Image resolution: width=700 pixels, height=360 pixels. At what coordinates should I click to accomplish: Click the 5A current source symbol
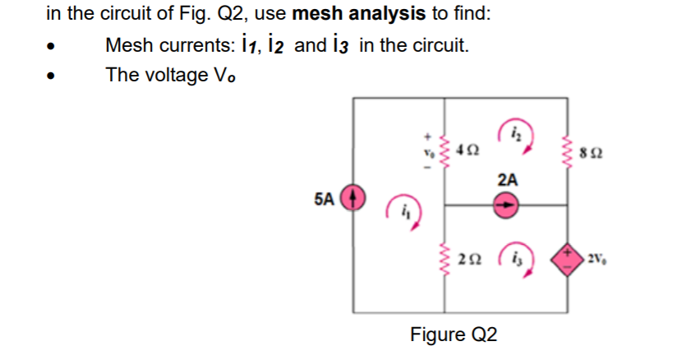click(354, 200)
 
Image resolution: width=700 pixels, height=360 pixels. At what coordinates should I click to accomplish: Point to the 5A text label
click(325, 199)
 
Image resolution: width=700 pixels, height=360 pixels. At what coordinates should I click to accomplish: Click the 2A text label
click(508, 179)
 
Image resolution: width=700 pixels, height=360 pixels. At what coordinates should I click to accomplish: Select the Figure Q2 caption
click(454, 335)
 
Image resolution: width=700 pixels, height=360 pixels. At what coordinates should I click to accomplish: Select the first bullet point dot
click(53, 46)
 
